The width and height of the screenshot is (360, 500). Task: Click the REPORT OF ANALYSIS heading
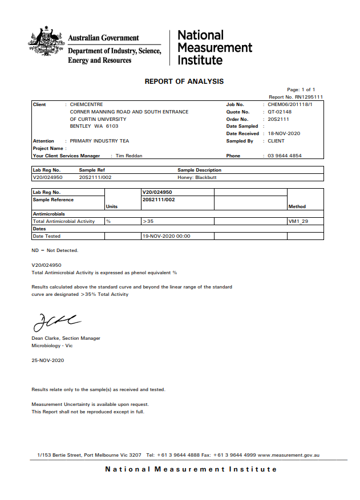(x=184, y=82)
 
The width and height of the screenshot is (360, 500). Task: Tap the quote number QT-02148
(x=280, y=112)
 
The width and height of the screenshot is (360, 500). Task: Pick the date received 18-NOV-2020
(x=284, y=133)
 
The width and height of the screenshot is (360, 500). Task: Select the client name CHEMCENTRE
(x=87, y=105)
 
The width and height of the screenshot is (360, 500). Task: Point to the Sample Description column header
(x=200, y=170)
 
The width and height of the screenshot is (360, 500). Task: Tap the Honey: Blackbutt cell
(x=197, y=177)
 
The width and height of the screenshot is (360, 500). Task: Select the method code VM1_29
(x=298, y=221)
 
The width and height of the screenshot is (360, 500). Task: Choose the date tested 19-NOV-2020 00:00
(x=167, y=235)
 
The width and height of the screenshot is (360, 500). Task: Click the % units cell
(x=108, y=221)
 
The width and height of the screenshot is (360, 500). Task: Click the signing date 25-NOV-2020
(x=48, y=360)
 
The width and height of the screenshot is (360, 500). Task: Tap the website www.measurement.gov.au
(x=288, y=455)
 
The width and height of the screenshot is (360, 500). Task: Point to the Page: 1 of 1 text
(x=301, y=90)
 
